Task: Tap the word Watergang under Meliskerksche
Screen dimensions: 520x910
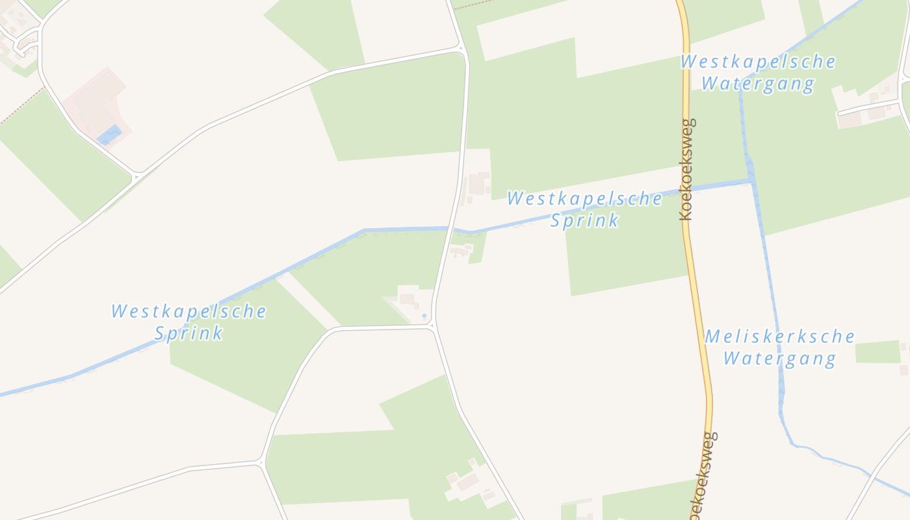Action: (x=779, y=358)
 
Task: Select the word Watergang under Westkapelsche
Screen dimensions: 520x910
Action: (x=757, y=84)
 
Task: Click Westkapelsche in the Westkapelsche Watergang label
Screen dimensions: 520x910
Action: (x=758, y=62)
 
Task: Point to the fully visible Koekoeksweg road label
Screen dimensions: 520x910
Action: (x=686, y=169)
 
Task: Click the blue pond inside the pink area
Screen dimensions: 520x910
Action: (x=109, y=135)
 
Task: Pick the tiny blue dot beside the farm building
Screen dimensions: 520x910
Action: (x=424, y=316)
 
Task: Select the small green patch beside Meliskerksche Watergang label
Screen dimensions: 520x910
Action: (x=877, y=352)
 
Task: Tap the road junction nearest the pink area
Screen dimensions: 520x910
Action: (x=136, y=175)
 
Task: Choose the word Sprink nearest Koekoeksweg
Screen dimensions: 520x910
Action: (x=584, y=220)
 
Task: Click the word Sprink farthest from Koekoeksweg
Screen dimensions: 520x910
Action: (x=188, y=333)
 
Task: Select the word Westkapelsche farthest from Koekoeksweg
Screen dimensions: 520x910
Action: (x=188, y=311)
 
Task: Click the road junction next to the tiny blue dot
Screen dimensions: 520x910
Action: (x=432, y=327)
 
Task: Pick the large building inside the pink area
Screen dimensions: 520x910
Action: (x=97, y=97)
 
